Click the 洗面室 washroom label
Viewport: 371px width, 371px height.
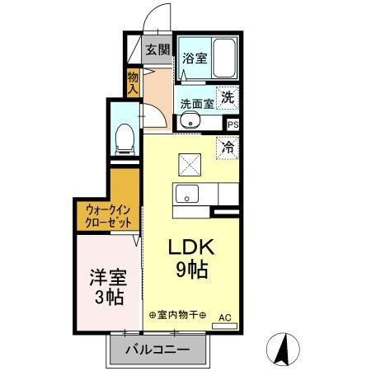[197, 104]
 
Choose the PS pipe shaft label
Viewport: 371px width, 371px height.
[233, 124]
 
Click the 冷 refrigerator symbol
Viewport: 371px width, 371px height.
[227, 148]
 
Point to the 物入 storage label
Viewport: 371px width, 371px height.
[133, 82]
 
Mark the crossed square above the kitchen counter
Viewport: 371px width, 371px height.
[190, 165]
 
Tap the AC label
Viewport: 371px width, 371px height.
[224, 317]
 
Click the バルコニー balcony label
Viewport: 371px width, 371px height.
[157, 350]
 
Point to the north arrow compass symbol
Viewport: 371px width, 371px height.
[282, 349]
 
